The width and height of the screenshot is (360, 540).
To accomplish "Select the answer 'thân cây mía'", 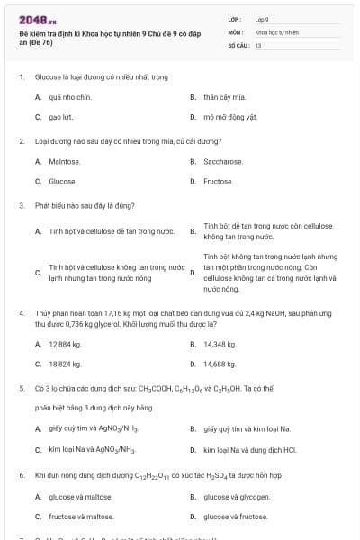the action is [x=223, y=96].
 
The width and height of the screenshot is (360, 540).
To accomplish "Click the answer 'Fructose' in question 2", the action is [x=218, y=181].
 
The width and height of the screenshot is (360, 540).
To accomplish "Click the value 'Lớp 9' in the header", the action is [x=262, y=18].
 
